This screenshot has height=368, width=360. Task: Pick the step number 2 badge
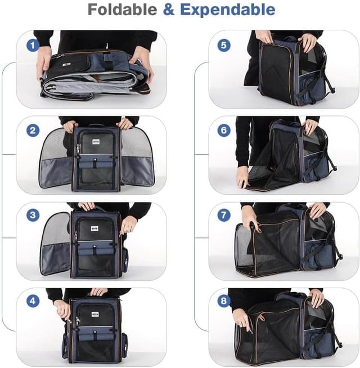click(x=33, y=131)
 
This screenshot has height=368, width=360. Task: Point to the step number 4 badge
click(x=33, y=302)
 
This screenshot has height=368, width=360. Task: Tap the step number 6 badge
click(x=224, y=131)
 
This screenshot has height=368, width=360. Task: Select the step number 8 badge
click(x=224, y=302)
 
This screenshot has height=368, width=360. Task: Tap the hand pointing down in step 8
click(x=243, y=320)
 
